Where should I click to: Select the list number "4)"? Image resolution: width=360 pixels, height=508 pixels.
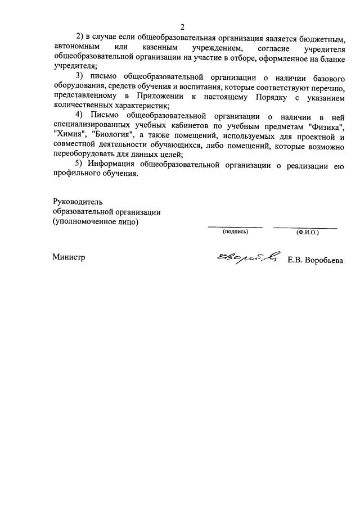pyautogui.click(x=80, y=116)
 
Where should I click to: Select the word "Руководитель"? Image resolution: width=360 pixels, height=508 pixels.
pyautogui.click(x=78, y=201)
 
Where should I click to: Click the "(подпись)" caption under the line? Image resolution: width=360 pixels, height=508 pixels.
pyautogui.click(x=235, y=231)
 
